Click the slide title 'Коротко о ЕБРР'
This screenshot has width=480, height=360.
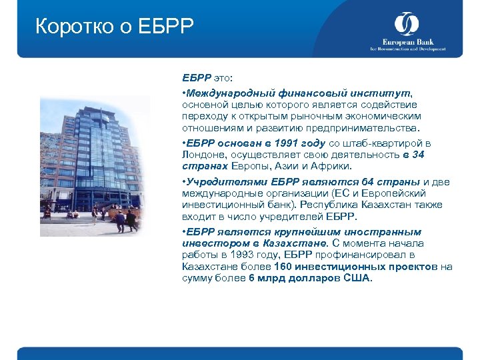pos(114,27)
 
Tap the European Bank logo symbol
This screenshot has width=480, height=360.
pos(406,25)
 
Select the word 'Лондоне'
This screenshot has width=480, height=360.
pos(203,155)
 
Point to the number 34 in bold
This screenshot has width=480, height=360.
pos(418,155)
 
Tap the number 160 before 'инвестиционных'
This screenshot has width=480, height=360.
pos(283,266)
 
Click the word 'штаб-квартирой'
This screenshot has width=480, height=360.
pos(387,143)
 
